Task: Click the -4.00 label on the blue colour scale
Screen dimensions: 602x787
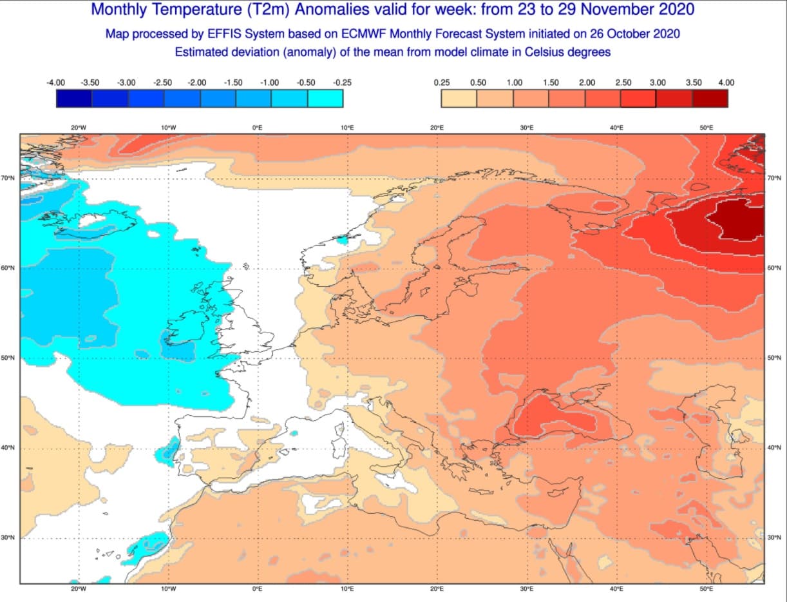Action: pos(56,83)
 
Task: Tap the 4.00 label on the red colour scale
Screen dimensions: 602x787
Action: pos(726,83)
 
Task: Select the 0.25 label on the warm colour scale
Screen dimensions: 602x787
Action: pos(442,83)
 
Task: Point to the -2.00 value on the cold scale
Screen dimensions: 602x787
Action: pos(196,83)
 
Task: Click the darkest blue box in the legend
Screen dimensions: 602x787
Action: pos(74,98)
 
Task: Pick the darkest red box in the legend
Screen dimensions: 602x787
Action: pos(710,98)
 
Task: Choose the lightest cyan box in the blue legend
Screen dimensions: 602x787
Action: pos(325,98)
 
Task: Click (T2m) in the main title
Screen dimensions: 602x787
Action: pos(262,10)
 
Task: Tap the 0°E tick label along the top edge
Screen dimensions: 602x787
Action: pos(258,128)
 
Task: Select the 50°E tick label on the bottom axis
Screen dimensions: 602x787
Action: pos(706,589)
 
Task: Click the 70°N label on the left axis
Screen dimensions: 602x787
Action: pos(8,178)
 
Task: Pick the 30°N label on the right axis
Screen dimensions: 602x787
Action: pos(775,538)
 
